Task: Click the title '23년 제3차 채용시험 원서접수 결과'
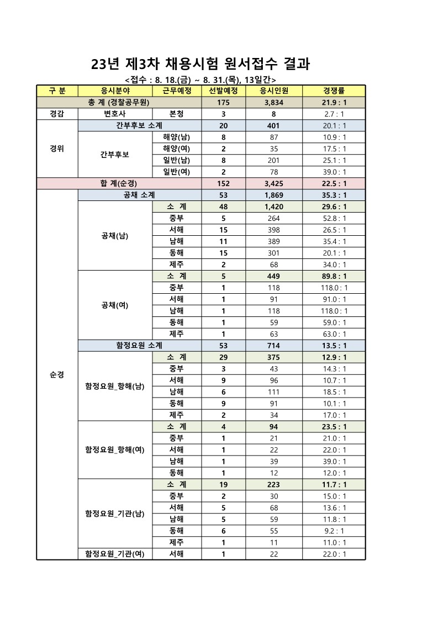(200, 64)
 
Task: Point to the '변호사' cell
(115, 114)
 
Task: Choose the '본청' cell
(177, 114)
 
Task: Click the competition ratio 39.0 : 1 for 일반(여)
(334, 172)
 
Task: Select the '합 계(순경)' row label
(119, 183)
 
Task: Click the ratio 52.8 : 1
(334, 218)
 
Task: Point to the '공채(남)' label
(115, 236)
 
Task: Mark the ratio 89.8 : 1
(334, 276)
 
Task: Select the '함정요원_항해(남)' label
(115, 386)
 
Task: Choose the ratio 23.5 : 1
(334, 426)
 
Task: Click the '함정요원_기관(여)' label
(115, 554)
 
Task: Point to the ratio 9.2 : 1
(334, 531)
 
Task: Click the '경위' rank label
(57, 149)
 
